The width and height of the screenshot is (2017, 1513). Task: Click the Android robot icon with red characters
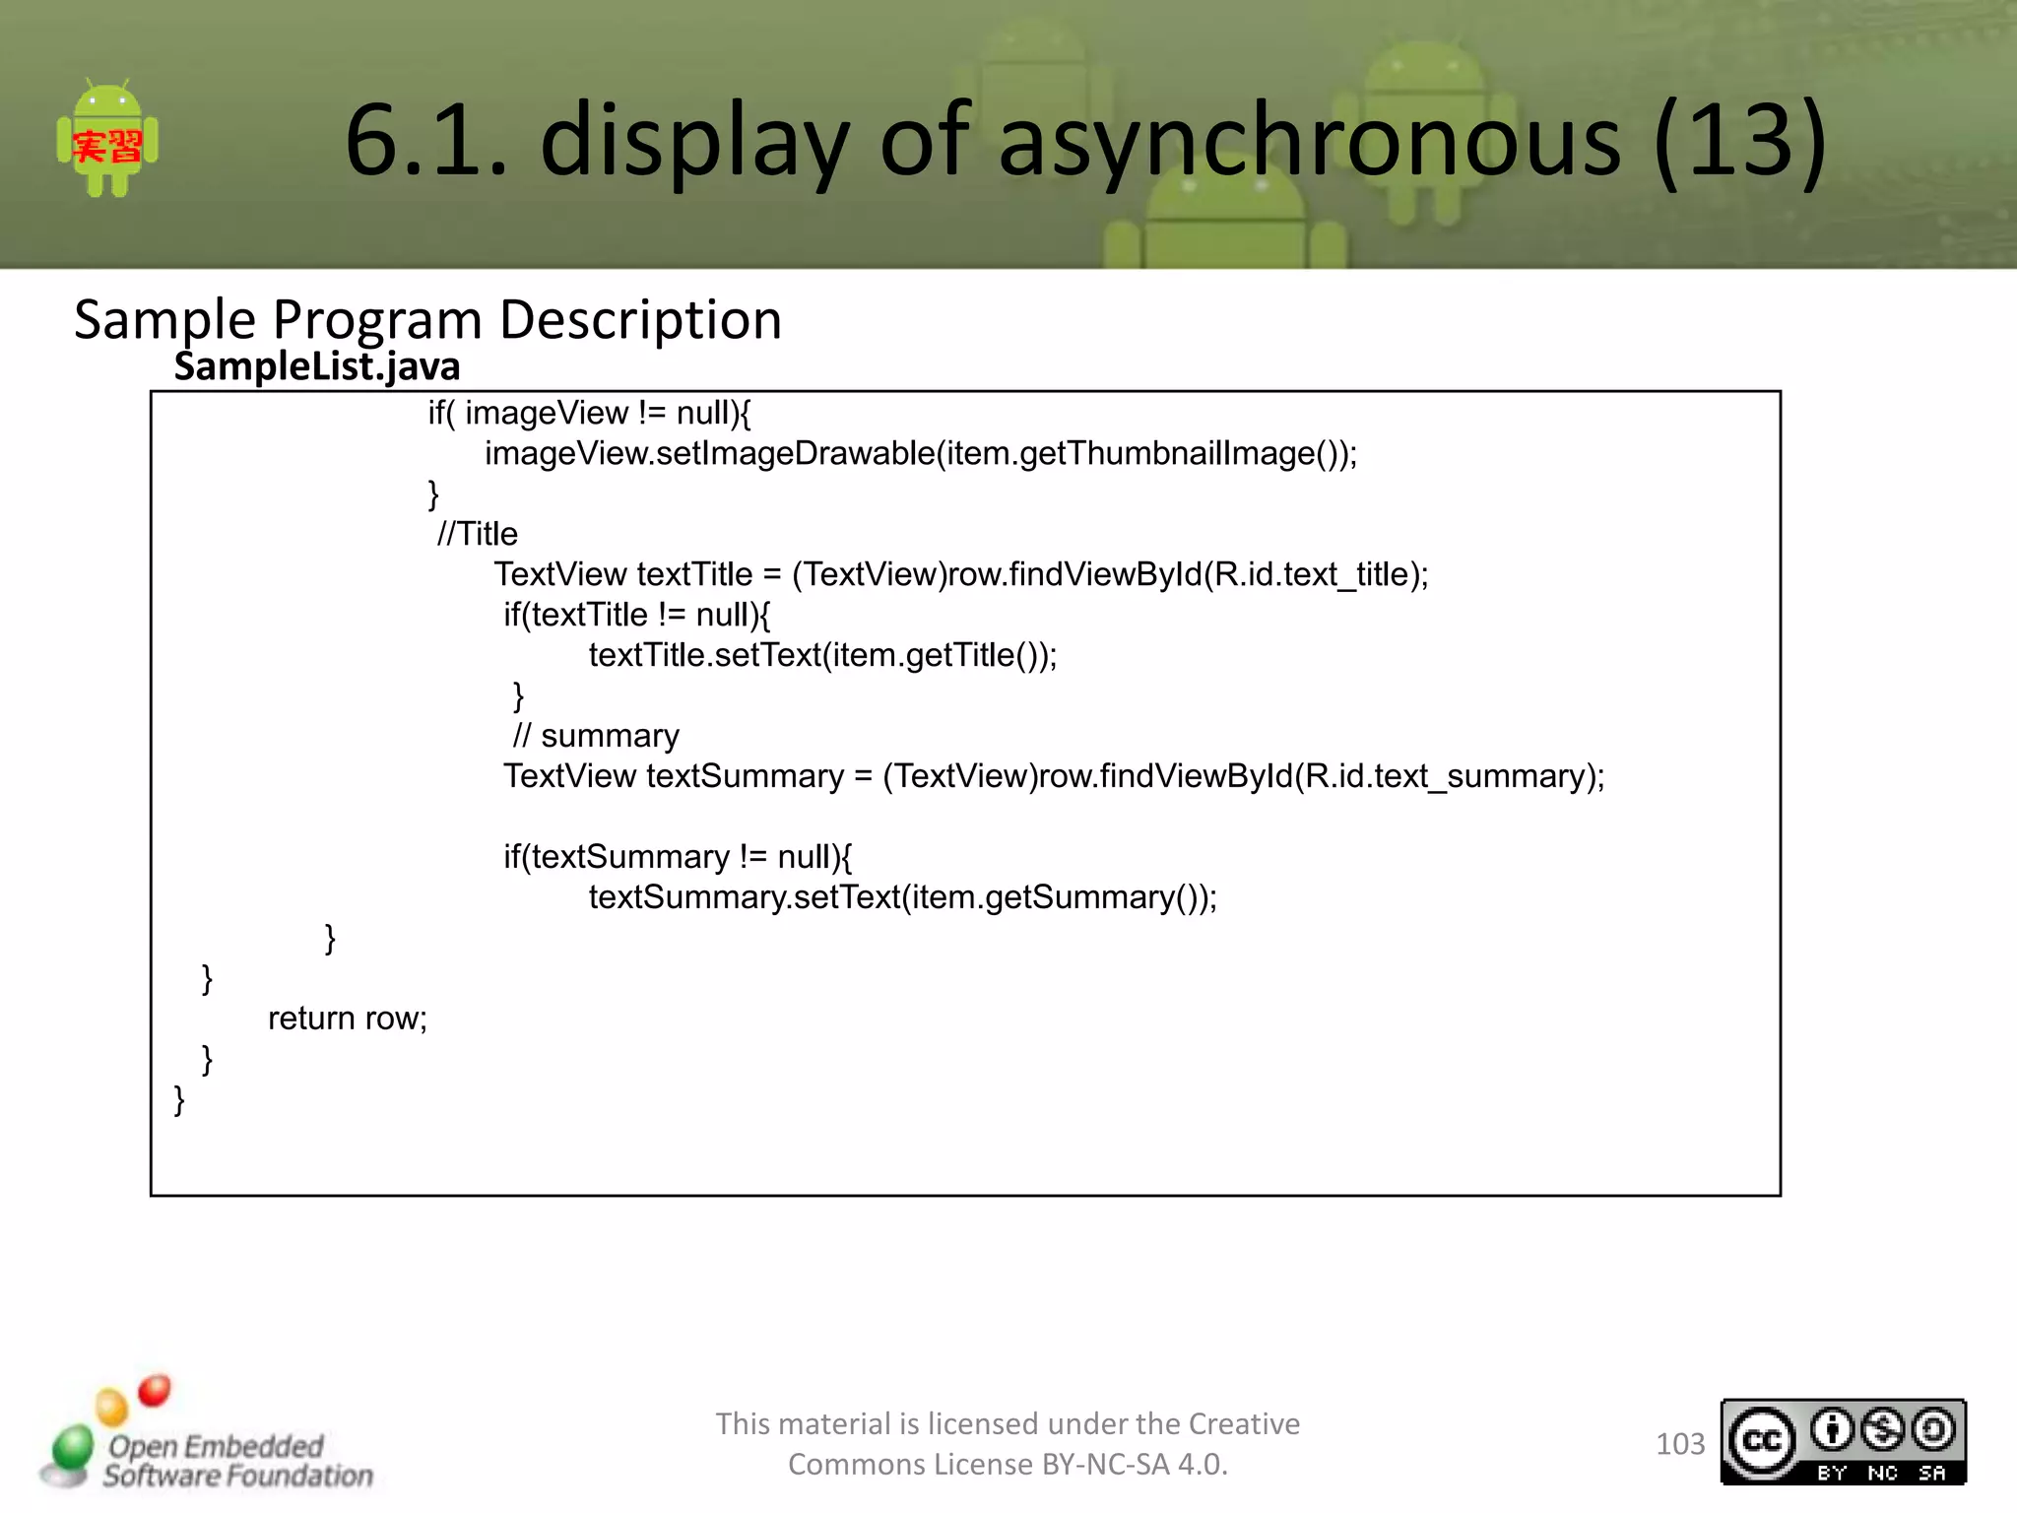click(x=107, y=140)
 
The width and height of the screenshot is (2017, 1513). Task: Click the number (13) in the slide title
click(x=1739, y=141)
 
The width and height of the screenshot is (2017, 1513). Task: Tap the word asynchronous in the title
click(x=1310, y=141)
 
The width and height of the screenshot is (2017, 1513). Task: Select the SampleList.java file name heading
click(x=317, y=366)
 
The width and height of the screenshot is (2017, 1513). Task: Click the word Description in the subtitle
click(x=640, y=320)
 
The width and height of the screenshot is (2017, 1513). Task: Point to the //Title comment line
click(x=478, y=534)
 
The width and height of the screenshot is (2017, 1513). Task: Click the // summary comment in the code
click(x=596, y=736)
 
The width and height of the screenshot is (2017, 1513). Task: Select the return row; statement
click(x=348, y=1019)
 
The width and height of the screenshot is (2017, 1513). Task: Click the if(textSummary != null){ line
click(x=678, y=857)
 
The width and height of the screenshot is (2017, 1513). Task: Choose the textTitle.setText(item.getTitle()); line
click(x=822, y=655)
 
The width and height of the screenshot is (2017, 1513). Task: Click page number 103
click(x=1679, y=1444)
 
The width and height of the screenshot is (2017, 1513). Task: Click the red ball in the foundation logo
click(x=155, y=1390)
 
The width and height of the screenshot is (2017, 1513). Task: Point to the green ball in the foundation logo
click(x=72, y=1447)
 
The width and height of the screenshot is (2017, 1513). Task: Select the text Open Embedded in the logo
click(x=216, y=1446)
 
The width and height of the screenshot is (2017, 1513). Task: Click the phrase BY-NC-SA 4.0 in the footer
click(x=1133, y=1465)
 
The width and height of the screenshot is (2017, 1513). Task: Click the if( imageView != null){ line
click(x=589, y=413)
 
